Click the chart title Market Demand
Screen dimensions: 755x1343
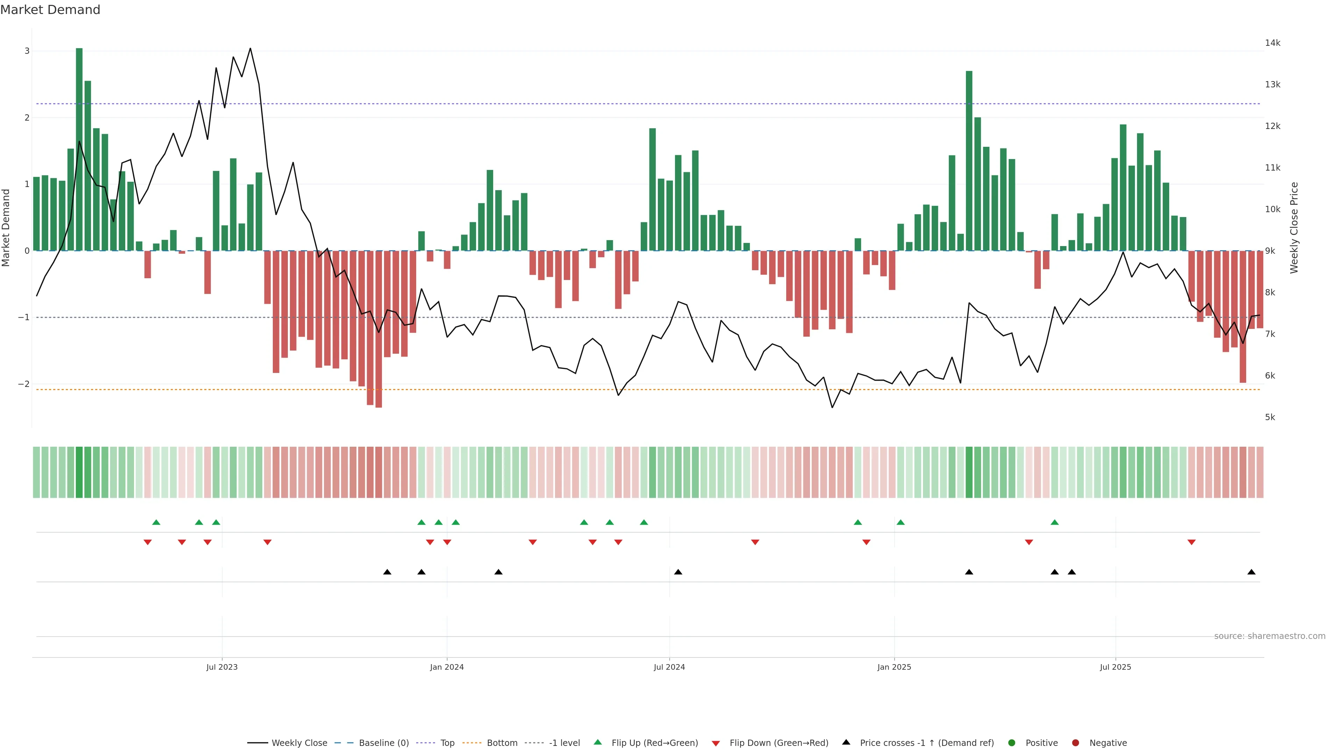tap(50, 10)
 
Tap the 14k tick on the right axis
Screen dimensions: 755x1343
tap(1272, 43)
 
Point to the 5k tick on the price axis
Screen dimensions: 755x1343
tap(1270, 417)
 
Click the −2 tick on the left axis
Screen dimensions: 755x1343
tap(24, 384)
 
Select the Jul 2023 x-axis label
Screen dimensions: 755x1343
tap(222, 667)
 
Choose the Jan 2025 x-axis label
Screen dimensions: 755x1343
tap(894, 667)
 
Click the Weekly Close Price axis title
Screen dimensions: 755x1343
tap(1294, 228)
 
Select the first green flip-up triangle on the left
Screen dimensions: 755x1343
tap(156, 522)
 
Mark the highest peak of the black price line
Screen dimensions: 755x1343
tap(250, 49)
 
